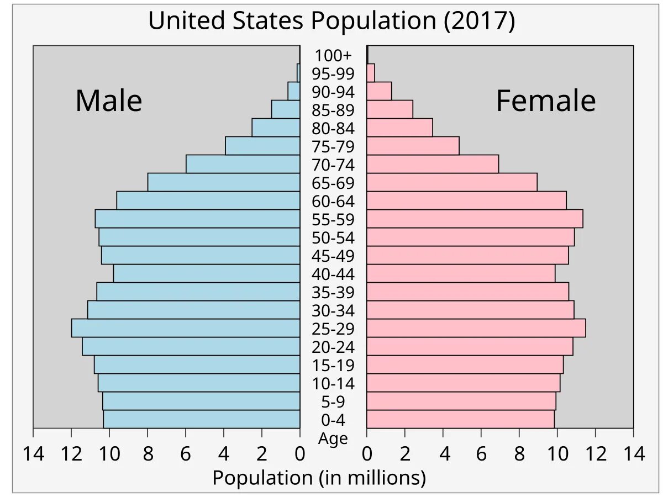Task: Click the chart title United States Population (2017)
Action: click(x=331, y=22)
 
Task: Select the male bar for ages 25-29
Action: click(x=186, y=328)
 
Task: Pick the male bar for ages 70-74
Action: click(x=243, y=164)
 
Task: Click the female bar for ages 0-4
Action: click(x=460, y=419)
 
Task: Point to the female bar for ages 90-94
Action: click(x=379, y=91)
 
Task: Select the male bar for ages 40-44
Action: click(x=207, y=273)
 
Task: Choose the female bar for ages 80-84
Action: click(x=399, y=128)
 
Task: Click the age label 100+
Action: click(x=333, y=56)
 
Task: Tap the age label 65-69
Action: click(x=333, y=183)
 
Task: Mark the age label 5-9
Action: click(x=333, y=402)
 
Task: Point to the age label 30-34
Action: click(x=333, y=311)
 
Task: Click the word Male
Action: click(x=109, y=101)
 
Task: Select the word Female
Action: click(x=545, y=101)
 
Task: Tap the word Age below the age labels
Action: click(x=333, y=439)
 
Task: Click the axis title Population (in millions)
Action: click(x=319, y=478)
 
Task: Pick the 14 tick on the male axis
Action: click(x=33, y=454)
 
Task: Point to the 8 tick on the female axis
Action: click(x=519, y=454)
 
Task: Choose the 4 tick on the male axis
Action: click(x=224, y=454)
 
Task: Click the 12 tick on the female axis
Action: click(x=595, y=454)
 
